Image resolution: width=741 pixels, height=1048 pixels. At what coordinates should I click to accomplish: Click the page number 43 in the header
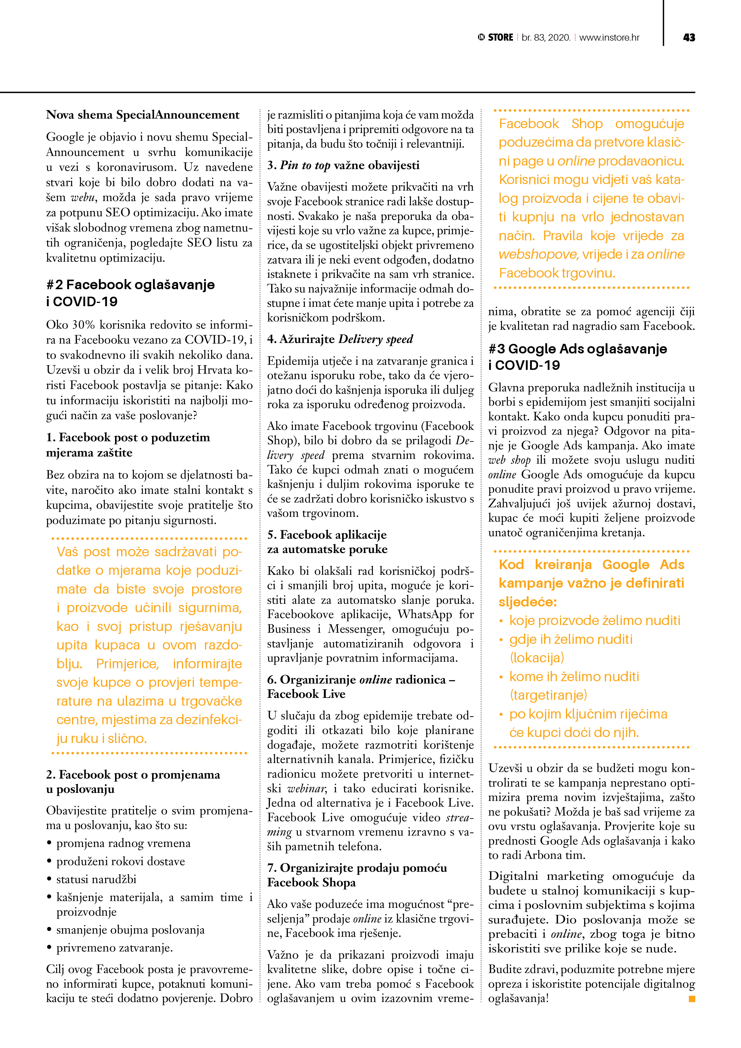tap(688, 37)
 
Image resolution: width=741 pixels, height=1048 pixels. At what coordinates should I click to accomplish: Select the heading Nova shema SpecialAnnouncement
tap(143, 114)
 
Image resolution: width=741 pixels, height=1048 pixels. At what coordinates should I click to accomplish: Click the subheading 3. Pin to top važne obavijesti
tap(343, 165)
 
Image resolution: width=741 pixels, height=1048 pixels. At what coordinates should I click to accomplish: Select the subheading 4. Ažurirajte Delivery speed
tap(340, 339)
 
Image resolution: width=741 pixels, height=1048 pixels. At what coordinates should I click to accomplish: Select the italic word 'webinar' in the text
tap(306, 788)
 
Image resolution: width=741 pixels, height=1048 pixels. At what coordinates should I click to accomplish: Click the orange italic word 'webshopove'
tap(539, 254)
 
